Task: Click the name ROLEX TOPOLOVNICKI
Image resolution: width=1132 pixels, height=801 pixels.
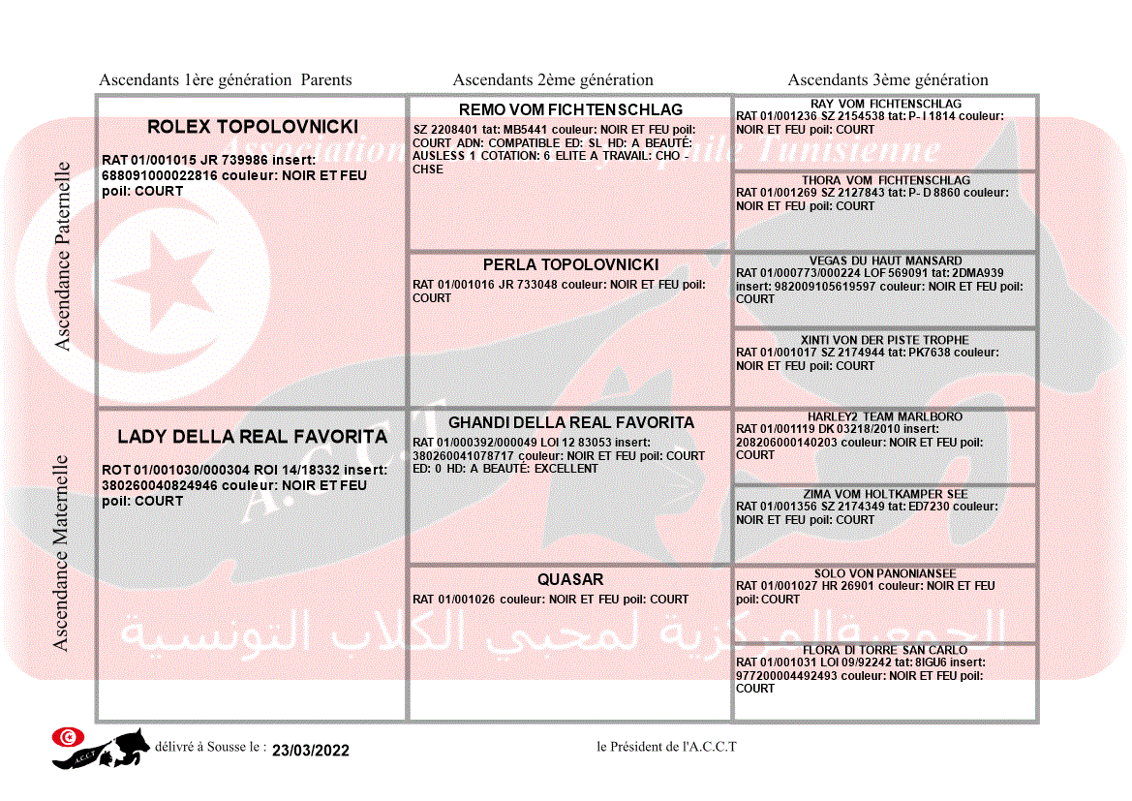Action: [252, 127]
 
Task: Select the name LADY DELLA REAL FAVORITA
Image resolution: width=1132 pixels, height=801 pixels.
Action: [252, 437]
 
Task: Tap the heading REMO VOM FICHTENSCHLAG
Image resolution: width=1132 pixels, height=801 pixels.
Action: [570, 109]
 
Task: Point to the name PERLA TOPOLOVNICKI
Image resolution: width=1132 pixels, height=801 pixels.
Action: [570, 264]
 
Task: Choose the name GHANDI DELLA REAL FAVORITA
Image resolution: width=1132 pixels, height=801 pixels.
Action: [570, 422]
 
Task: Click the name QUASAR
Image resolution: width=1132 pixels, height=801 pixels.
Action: [570, 579]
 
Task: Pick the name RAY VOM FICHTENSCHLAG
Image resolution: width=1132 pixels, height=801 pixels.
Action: [885, 104]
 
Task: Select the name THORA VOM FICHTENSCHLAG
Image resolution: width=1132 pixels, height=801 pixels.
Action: [885, 180]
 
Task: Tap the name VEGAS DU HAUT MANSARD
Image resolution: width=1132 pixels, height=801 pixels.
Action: [885, 261]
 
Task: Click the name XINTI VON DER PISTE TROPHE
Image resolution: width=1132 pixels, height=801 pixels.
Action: [885, 340]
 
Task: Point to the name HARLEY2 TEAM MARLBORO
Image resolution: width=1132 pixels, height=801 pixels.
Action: [885, 416]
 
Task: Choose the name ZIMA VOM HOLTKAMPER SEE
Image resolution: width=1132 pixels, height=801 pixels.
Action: [885, 494]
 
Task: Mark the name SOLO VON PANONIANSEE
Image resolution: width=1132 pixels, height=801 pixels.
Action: [885, 573]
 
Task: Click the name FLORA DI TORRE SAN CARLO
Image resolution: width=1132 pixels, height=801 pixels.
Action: [885, 650]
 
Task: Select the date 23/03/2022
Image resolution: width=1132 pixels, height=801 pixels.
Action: [310, 750]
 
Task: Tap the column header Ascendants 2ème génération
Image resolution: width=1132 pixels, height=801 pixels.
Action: [553, 80]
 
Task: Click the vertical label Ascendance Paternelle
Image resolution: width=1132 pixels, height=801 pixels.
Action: [63, 256]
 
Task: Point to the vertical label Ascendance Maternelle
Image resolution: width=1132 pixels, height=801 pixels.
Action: [61, 553]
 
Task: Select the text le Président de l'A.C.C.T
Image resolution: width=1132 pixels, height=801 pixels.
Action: [666, 746]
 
